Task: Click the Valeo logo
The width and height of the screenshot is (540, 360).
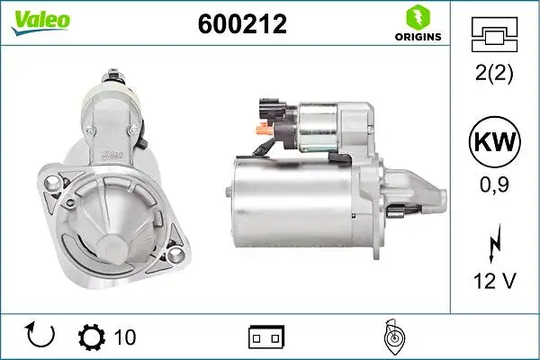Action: [40, 22]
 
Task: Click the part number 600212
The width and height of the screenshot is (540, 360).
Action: [242, 24]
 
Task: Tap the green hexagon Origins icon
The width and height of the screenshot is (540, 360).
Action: [418, 17]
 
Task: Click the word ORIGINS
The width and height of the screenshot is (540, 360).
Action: [418, 37]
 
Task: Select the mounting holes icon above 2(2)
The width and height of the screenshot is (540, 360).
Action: [494, 35]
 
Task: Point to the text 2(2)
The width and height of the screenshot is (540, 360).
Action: [494, 73]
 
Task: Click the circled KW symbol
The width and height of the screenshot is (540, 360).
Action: [494, 142]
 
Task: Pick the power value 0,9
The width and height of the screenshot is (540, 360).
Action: [494, 184]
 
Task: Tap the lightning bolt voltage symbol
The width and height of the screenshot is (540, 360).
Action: [495, 244]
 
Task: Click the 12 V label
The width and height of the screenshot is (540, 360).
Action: [495, 281]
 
